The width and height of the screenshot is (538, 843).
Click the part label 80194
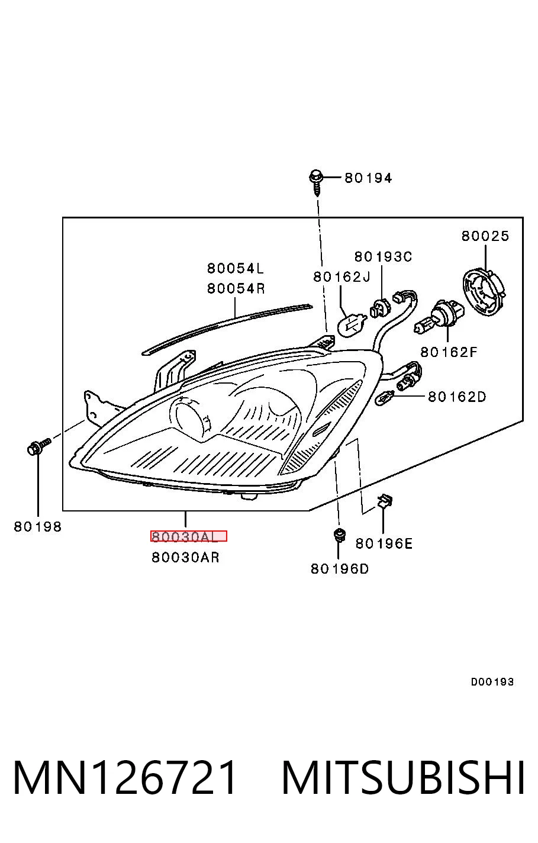coord(368,178)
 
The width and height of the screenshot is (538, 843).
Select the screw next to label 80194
coord(317,182)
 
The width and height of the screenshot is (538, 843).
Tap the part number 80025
coord(485,236)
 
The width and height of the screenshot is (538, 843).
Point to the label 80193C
coord(383,257)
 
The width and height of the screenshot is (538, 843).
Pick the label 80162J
coord(342,277)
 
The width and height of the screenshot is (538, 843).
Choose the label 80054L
coord(236,268)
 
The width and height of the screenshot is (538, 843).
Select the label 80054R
coord(236,289)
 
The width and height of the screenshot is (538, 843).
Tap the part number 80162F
coord(449,352)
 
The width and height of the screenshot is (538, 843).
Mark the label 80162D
coord(457,396)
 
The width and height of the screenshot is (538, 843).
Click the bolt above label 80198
coord(39,446)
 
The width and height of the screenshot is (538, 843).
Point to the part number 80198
coord(38,527)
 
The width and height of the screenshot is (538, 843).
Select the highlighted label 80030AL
coord(189,536)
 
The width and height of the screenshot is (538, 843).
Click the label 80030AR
coord(185,557)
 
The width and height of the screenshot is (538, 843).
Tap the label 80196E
coord(384,543)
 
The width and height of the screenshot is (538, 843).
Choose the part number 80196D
coord(339,569)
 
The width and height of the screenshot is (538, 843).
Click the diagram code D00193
coord(492,682)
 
